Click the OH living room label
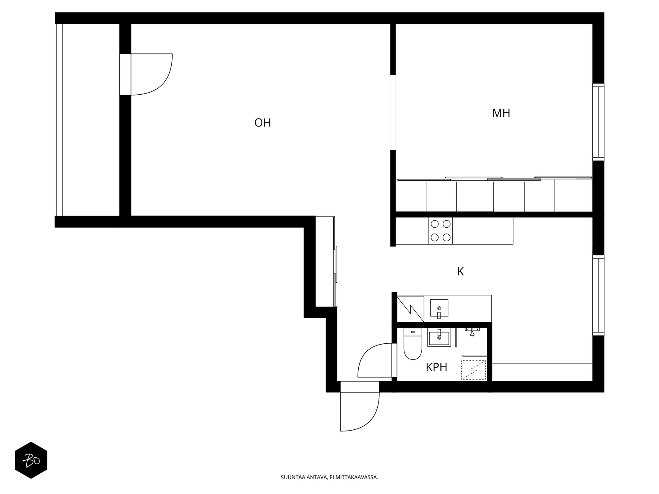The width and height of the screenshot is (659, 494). point(262,123)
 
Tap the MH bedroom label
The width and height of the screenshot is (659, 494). point(501,113)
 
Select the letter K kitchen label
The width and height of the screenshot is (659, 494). point(460,271)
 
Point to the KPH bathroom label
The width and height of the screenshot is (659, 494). point(436,367)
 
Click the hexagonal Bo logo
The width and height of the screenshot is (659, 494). point(31,460)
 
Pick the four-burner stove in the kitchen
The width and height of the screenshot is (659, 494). point(440,231)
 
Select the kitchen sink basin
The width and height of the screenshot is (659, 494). point(439,308)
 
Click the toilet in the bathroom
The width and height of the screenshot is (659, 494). point(413,344)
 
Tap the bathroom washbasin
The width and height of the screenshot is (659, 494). point(439,338)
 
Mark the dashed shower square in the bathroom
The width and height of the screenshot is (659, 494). point(473,370)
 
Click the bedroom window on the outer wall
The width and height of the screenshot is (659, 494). point(598,122)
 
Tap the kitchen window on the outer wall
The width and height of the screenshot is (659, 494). point(598,296)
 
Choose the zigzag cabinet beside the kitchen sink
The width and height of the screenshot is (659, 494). point(410,309)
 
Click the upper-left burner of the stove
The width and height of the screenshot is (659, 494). point(435,224)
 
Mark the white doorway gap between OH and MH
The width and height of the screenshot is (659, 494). point(393,112)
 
